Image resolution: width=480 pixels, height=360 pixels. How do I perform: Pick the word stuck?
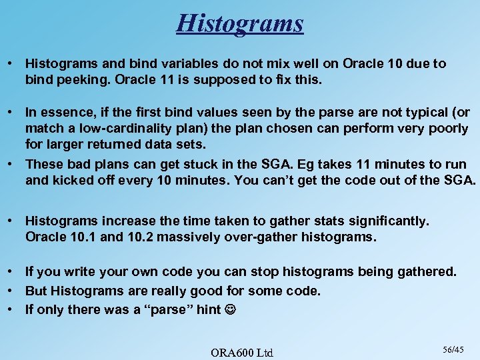point(204,164)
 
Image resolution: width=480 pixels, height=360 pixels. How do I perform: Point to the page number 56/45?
point(453,348)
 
